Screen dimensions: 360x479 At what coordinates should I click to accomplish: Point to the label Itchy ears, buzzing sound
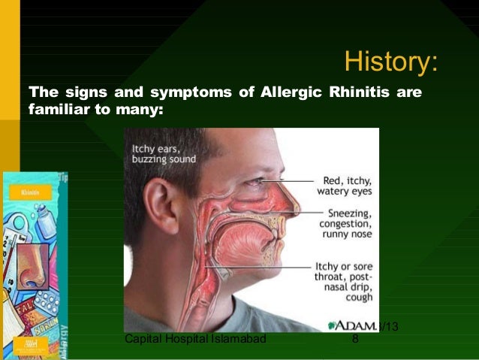164,154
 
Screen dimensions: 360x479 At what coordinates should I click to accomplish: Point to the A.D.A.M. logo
353,326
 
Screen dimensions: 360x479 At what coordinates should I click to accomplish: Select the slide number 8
355,340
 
